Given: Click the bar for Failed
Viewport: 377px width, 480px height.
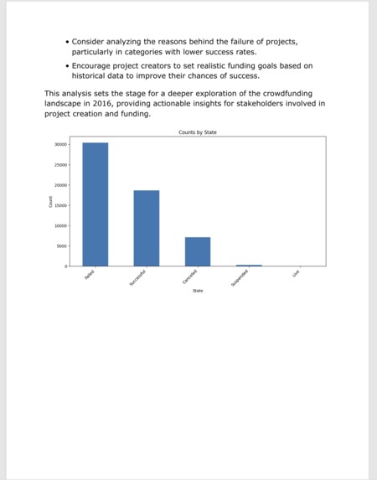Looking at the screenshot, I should [95, 204].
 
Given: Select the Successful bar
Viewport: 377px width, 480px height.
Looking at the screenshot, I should [146, 228].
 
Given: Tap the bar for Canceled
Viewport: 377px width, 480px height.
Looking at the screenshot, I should [197, 251].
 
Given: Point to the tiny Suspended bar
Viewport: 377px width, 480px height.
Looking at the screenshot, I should [249, 265].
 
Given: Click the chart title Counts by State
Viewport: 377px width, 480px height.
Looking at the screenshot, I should [198, 132].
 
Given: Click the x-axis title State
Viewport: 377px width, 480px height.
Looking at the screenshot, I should [198, 291].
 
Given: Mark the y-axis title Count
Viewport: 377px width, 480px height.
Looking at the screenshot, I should [50, 202].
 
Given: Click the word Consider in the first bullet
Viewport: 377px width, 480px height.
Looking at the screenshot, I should [93, 41].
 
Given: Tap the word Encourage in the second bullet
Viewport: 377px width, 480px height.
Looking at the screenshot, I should [97, 65].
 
